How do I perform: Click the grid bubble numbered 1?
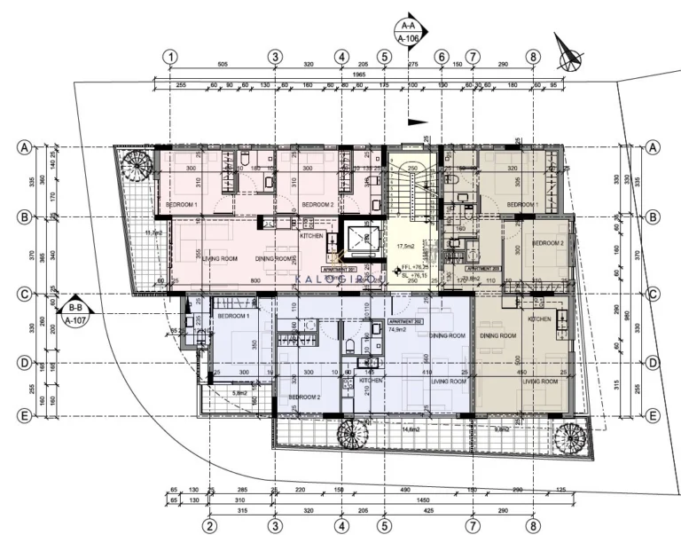(x=169, y=56)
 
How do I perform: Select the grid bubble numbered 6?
(x=441, y=56)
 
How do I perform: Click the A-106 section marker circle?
(x=409, y=32)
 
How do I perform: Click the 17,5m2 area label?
(x=407, y=246)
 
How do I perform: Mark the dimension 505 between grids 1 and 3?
(x=223, y=65)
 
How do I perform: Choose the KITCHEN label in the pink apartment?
(x=311, y=236)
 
